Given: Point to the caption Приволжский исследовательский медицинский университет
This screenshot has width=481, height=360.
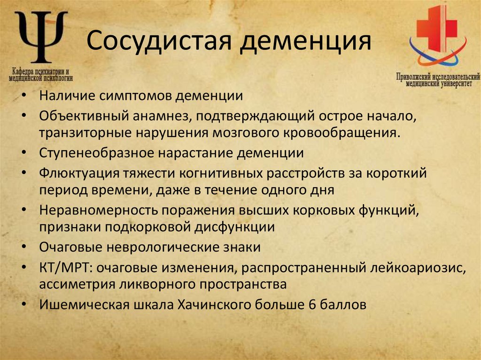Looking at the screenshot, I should click(x=438, y=78).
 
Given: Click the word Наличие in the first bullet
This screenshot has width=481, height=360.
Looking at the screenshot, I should click(x=69, y=96).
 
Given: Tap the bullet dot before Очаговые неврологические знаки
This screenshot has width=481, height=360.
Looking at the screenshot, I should click(x=24, y=247).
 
